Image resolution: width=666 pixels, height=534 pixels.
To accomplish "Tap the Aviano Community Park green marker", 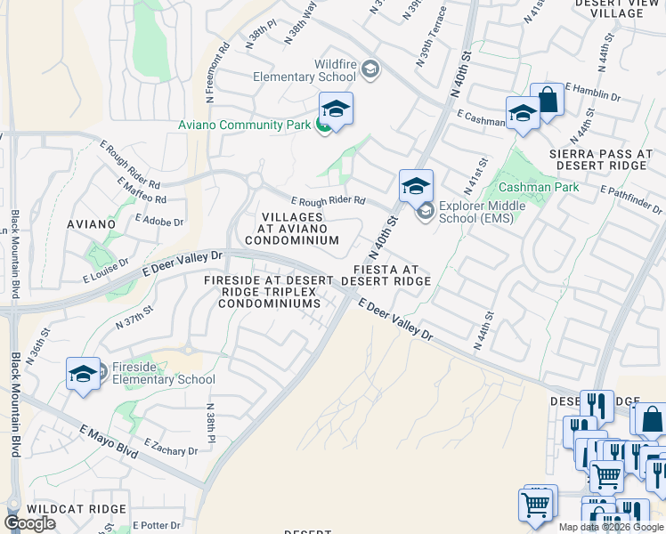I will (324, 125).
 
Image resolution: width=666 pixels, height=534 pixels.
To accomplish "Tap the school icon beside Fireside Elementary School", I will (83, 374).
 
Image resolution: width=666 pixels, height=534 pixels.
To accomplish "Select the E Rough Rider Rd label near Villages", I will (328, 201).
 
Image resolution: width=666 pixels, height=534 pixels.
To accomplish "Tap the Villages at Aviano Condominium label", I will (292, 229).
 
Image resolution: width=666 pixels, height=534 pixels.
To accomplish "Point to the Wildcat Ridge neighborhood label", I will (65, 508).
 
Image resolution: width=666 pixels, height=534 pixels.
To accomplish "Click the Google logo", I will (29, 523).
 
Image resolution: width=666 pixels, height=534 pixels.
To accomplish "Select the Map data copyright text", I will (610, 527).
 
